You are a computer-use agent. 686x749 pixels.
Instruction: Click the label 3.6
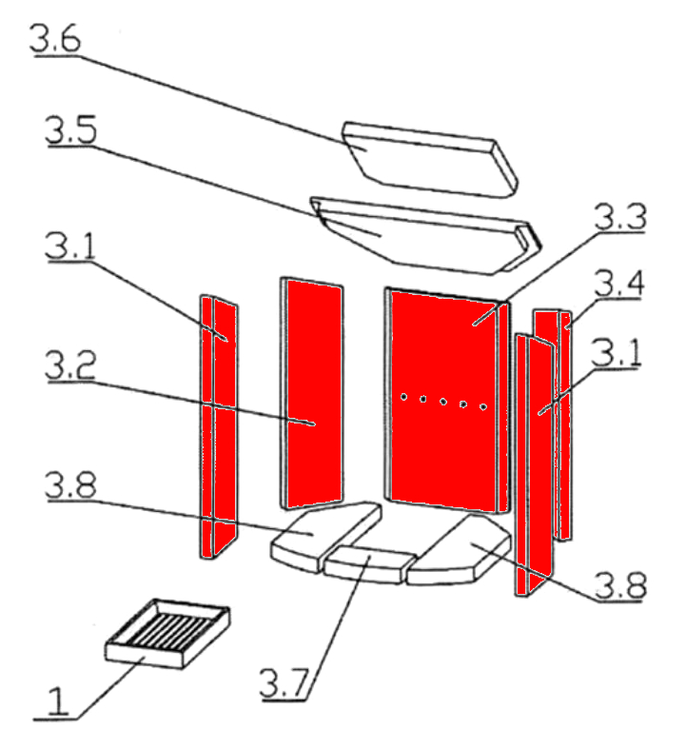tap(55, 38)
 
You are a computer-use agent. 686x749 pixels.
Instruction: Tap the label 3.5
tap(71, 129)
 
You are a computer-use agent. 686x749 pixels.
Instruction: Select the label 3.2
tap(70, 365)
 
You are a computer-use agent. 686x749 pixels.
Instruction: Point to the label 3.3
tap(620, 216)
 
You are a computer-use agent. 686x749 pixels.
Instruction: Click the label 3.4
tap(619, 283)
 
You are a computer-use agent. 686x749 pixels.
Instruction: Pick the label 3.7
tap(284, 683)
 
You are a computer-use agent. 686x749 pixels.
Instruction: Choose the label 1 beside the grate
tap(57, 701)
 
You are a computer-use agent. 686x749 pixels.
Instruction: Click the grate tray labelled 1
tap(167, 634)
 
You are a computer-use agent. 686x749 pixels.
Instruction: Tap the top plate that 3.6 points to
tap(430, 160)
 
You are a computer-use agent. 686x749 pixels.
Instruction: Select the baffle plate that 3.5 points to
tap(426, 236)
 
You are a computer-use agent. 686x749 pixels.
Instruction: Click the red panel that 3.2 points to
tap(312, 393)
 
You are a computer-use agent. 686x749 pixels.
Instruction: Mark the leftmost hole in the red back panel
tap(403, 397)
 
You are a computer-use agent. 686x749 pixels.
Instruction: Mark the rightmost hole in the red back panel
tap(483, 407)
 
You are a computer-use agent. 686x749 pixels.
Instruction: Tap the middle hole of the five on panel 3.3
tap(443, 402)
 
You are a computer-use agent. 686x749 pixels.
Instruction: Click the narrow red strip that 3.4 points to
tap(566, 425)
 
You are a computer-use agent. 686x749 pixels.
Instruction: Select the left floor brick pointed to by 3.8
tap(326, 536)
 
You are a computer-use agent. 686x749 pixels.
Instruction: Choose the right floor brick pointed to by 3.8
tap(459, 552)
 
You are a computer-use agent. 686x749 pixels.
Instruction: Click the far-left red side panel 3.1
tap(219, 426)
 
